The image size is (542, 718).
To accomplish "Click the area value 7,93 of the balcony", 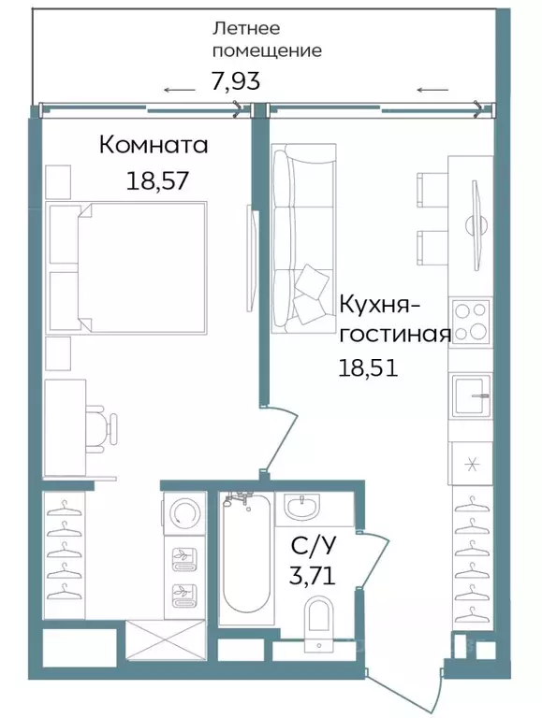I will click(x=235, y=81).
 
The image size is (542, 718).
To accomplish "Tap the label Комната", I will click(x=154, y=147).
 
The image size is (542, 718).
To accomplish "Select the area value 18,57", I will click(x=157, y=179).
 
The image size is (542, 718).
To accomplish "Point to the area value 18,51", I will click(x=368, y=366).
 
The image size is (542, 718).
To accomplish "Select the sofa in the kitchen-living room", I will click(x=302, y=239).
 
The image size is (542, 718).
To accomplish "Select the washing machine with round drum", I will click(x=183, y=513).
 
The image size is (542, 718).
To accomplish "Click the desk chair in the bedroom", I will click(x=105, y=426).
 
